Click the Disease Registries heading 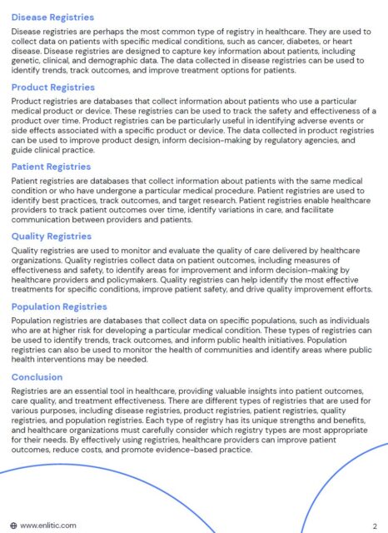tap(52, 17)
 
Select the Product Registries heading tap(52, 87)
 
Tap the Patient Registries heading tap(51, 167)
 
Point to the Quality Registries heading tap(51, 237)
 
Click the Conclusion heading tap(37, 376)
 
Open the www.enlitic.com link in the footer tap(47, 526)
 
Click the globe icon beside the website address tap(13, 526)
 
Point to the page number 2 tap(375, 526)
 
